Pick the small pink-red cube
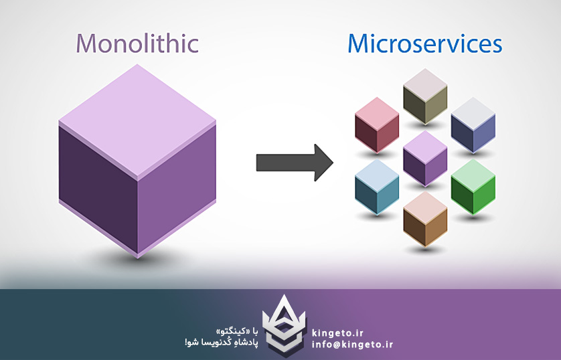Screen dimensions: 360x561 tap(376, 125)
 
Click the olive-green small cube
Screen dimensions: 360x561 tap(424, 98)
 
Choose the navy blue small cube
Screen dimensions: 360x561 tap(473, 126)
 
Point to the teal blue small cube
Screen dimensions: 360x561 tap(376, 187)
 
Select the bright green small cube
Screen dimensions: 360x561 tap(473, 187)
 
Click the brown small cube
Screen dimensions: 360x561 tap(424, 219)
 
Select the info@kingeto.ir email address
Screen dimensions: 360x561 tap(352, 345)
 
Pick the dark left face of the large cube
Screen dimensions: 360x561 tap(98, 181)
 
